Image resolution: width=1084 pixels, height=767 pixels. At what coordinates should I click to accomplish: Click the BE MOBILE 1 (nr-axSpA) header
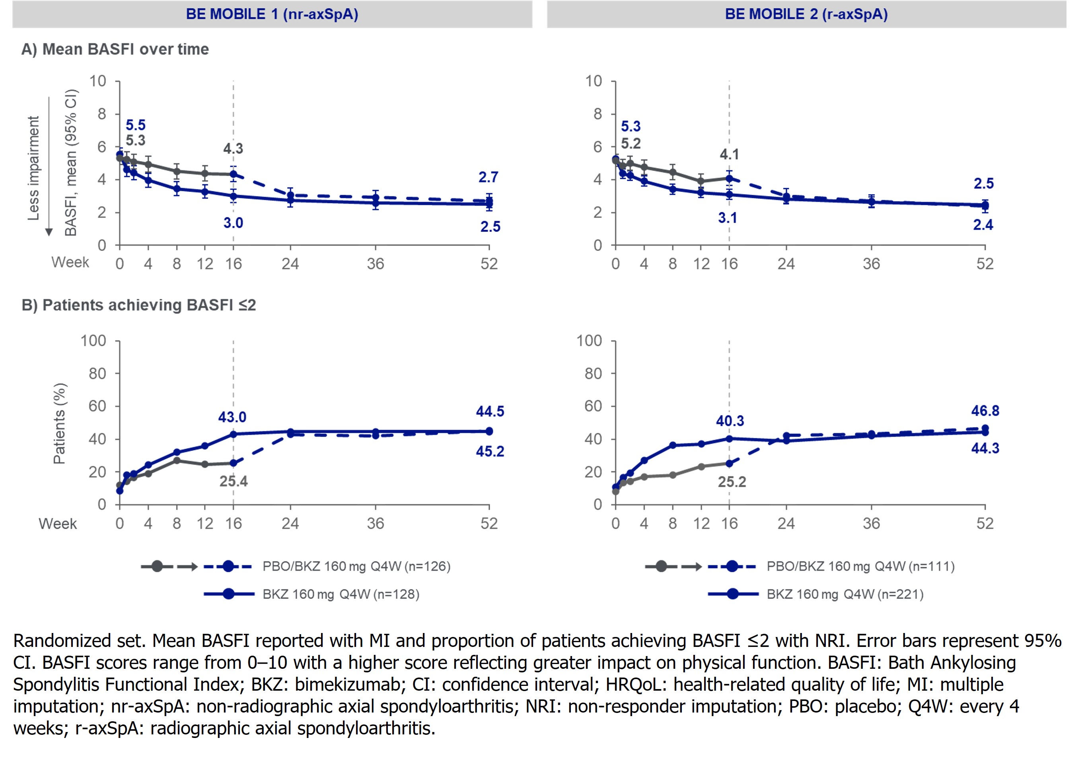point(272,14)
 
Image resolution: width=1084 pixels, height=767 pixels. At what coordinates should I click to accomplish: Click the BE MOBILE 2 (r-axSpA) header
point(806,14)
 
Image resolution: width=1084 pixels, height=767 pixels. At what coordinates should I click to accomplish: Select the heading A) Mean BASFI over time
point(115,49)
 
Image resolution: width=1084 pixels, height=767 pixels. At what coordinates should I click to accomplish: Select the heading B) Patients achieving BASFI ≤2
point(138,305)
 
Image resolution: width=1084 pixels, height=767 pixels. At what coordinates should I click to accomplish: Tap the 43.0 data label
point(232,417)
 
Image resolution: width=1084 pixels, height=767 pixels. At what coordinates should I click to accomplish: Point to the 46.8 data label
point(985,411)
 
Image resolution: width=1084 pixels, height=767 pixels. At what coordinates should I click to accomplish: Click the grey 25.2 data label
point(732,482)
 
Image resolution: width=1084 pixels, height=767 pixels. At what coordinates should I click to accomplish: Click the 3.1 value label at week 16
point(727,218)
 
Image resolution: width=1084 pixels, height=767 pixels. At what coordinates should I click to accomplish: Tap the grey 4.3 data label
point(233,149)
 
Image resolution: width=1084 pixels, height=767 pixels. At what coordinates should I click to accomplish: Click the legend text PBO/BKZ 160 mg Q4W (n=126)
point(356,566)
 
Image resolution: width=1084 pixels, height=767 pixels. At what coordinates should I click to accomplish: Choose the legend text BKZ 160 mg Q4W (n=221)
point(845,594)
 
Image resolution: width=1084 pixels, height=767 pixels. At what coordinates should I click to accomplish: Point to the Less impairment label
point(33,168)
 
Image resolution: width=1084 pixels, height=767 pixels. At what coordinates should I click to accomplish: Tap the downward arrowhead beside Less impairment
point(49,232)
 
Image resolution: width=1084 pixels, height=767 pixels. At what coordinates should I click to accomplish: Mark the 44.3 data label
point(985,448)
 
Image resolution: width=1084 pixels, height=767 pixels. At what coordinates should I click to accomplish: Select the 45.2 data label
point(490,452)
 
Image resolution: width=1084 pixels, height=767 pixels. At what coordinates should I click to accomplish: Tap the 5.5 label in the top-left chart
point(136,125)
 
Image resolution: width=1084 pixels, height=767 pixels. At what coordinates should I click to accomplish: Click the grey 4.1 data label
point(729,154)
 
